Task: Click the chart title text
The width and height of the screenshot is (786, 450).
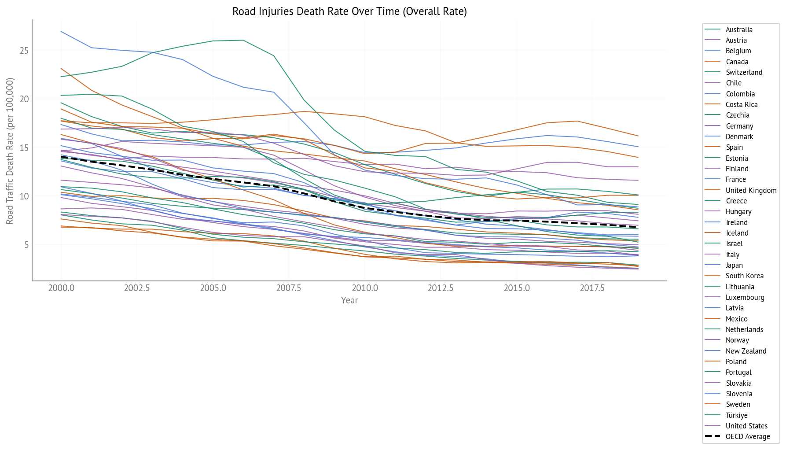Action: [x=349, y=11]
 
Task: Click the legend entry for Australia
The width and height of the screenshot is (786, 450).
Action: [x=739, y=30]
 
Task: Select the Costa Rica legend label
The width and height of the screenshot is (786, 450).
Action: [x=742, y=104]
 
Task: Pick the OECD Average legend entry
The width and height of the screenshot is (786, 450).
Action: [x=748, y=436]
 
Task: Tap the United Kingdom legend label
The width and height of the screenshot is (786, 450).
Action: [x=751, y=190]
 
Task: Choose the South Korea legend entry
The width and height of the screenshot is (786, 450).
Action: [x=744, y=276]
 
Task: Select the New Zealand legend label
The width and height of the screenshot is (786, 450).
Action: [x=746, y=351]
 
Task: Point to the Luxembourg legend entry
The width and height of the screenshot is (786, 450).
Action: [x=745, y=297]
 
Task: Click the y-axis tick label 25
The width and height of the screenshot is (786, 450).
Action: [x=24, y=51]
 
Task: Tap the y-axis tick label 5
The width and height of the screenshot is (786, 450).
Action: [x=26, y=245]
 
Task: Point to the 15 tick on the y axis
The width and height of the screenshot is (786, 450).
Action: [x=24, y=148]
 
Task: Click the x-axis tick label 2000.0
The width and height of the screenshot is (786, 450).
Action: [x=61, y=288]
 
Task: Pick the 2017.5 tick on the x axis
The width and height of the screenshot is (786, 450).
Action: [x=592, y=288]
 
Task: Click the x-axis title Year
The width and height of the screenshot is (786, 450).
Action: [x=349, y=300]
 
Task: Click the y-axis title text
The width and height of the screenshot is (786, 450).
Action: [x=10, y=151]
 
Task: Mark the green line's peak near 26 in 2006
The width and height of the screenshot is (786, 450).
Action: [x=243, y=40]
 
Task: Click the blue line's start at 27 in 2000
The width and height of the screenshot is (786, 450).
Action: [x=61, y=32]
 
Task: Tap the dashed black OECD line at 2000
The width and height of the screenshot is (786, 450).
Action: [x=61, y=156]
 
